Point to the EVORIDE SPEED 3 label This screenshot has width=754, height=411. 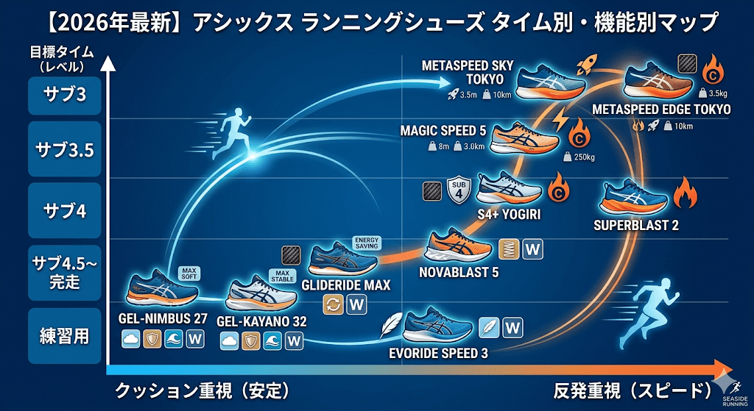point(438,353)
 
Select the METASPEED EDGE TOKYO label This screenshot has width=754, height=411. point(661,110)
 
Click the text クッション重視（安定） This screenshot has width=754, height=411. point(201,390)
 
